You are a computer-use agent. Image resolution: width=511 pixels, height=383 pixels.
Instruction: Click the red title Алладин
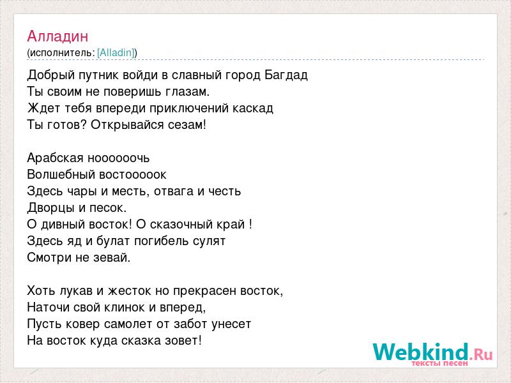pos(57,36)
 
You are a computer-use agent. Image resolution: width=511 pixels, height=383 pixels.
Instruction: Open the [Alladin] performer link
pos(116,52)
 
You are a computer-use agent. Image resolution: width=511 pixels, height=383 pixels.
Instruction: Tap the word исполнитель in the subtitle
pos(62,53)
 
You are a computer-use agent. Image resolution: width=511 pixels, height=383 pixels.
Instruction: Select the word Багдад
pos(286,75)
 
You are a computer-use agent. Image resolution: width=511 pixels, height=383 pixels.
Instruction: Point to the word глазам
pos(187,91)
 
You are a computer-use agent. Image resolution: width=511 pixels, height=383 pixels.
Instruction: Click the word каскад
pos(252,108)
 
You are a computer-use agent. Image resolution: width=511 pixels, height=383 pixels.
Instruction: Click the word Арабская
pos(56,158)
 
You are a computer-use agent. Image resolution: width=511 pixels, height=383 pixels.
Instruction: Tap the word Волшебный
pos(61,174)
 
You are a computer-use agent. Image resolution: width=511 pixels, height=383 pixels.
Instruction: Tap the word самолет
pos(137,324)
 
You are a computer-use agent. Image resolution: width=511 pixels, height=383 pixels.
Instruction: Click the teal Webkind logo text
pos(421,352)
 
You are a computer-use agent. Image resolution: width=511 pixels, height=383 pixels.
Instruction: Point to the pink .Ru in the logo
pos(482,354)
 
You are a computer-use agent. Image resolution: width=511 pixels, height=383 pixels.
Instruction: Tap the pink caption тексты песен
pos(439,363)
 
